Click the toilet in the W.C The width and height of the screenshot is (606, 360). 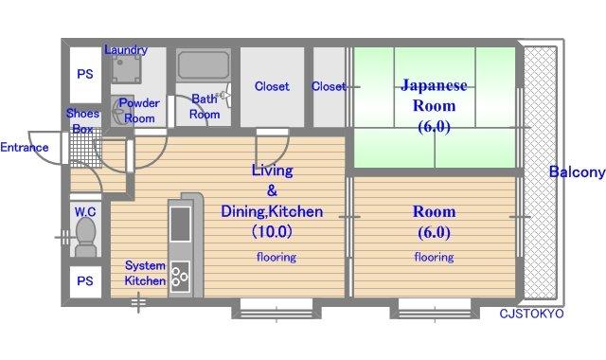(86, 237)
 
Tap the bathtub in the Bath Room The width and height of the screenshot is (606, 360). (204, 65)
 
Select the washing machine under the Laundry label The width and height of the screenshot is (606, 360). (126, 69)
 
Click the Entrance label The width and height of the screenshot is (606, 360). (25, 148)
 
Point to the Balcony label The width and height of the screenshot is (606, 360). (578, 171)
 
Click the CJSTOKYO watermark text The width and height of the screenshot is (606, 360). (531, 314)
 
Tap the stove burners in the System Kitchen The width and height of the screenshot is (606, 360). (180, 276)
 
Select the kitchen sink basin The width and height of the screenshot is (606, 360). (180, 224)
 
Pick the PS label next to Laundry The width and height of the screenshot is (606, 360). (85, 74)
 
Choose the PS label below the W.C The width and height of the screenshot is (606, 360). (85, 280)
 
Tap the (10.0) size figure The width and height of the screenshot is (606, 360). (272, 231)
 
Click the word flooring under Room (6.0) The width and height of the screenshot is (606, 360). (434, 257)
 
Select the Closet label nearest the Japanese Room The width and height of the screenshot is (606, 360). (329, 86)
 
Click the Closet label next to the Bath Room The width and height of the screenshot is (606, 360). (272, 86)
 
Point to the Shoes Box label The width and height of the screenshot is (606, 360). (82, 121)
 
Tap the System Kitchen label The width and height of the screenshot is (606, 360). (145, 273)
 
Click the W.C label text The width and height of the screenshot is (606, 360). (85, 212)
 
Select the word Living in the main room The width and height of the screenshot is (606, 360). (273, 171)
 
